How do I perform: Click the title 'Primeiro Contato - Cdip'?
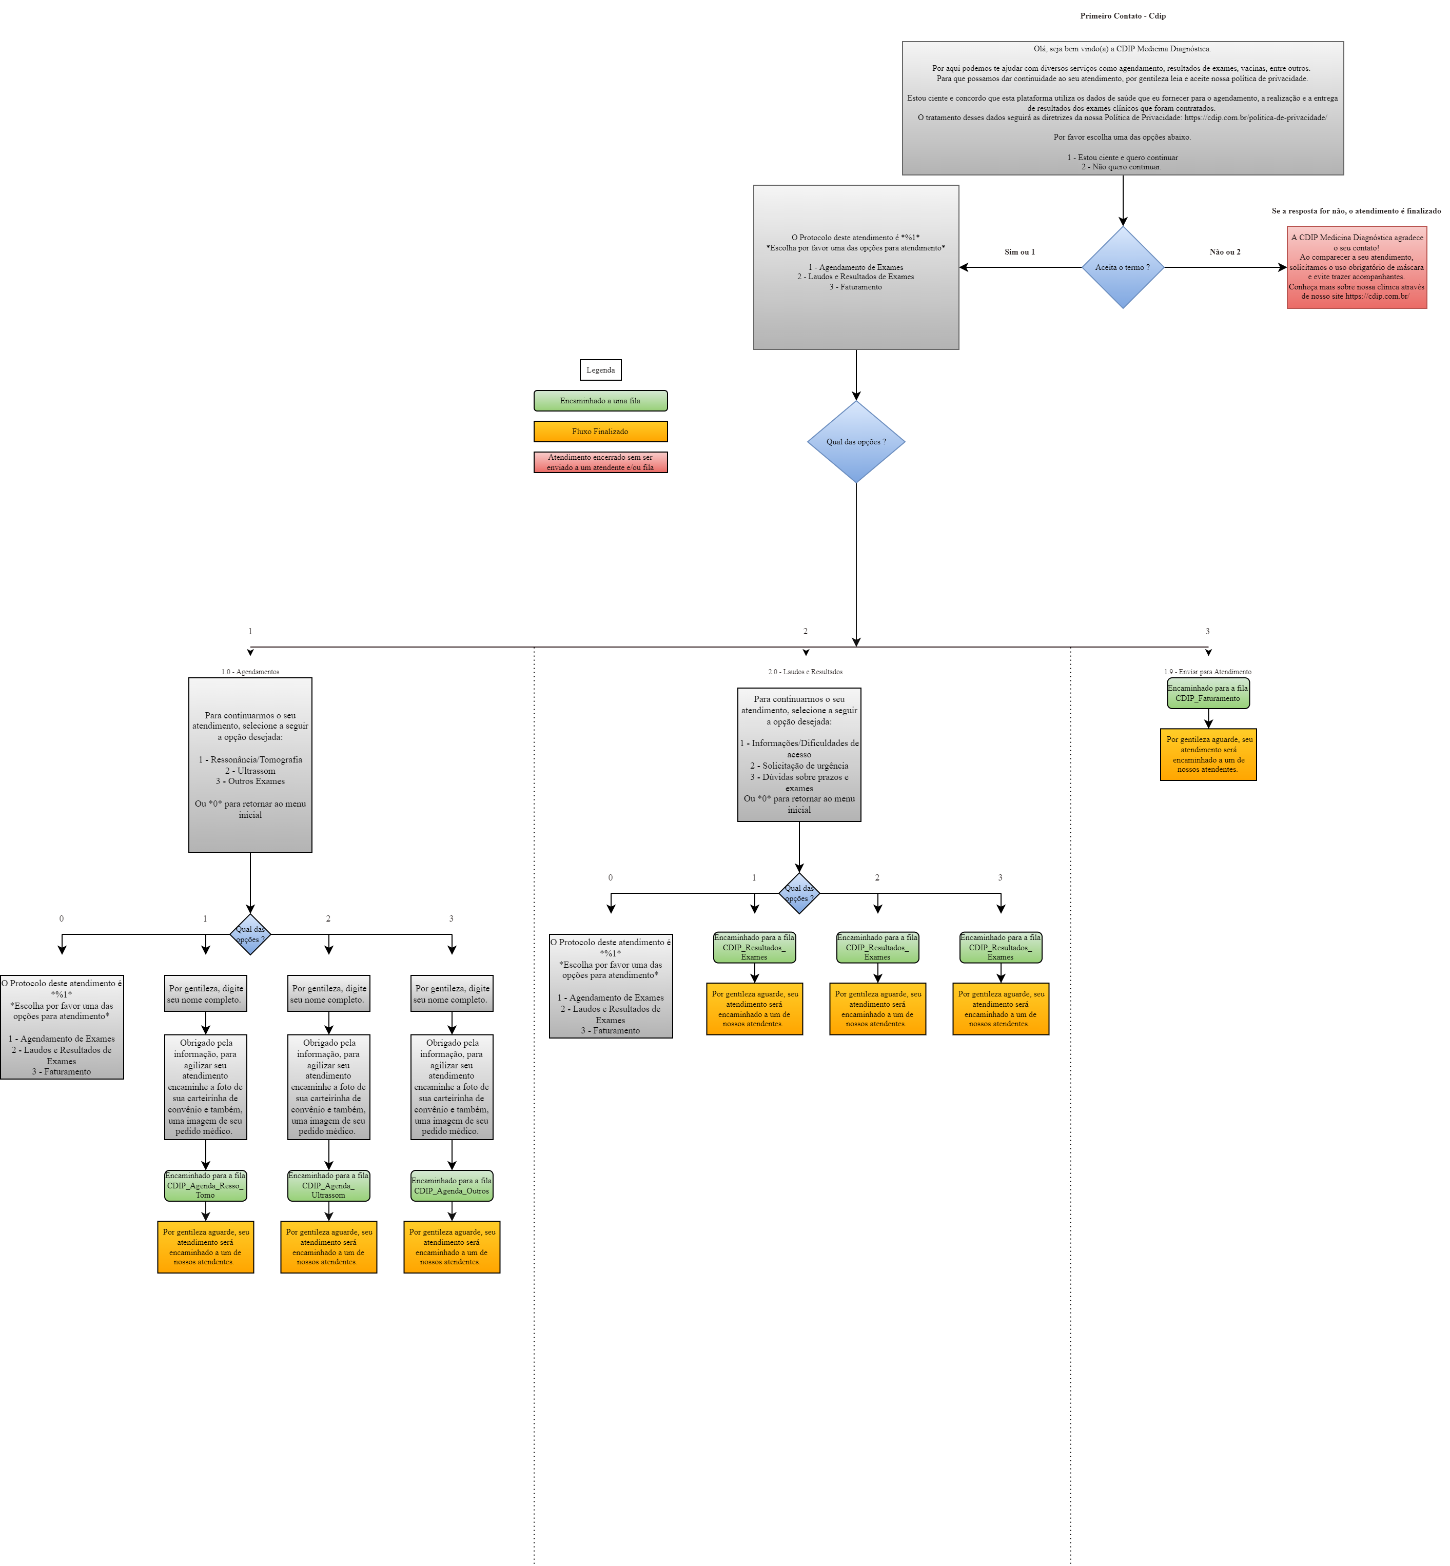tap(1123, 16)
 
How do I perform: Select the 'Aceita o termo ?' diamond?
tap(1123, 267)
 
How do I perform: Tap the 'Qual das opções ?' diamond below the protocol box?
tap(856, 442)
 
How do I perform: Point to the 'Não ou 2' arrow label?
tap(1225, 252)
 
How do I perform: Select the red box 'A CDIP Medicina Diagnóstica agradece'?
tap(1357, 267)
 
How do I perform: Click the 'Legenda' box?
tap(600, 369)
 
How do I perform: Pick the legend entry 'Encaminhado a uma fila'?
tap(600, 401)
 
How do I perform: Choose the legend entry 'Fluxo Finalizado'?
tap(600, 432)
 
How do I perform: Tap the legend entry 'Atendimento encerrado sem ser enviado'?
tap(600, 462)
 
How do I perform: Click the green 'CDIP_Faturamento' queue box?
tap(1208, 694)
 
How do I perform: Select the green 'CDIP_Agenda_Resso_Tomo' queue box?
tap(206, 1185)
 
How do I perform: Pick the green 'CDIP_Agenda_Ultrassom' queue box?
tap(329, 1185)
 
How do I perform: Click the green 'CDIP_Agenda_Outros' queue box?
tap(452, 1185)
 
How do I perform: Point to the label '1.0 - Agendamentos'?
tap(250, 672)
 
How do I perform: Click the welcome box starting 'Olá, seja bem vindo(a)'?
tap(1123, 108)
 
